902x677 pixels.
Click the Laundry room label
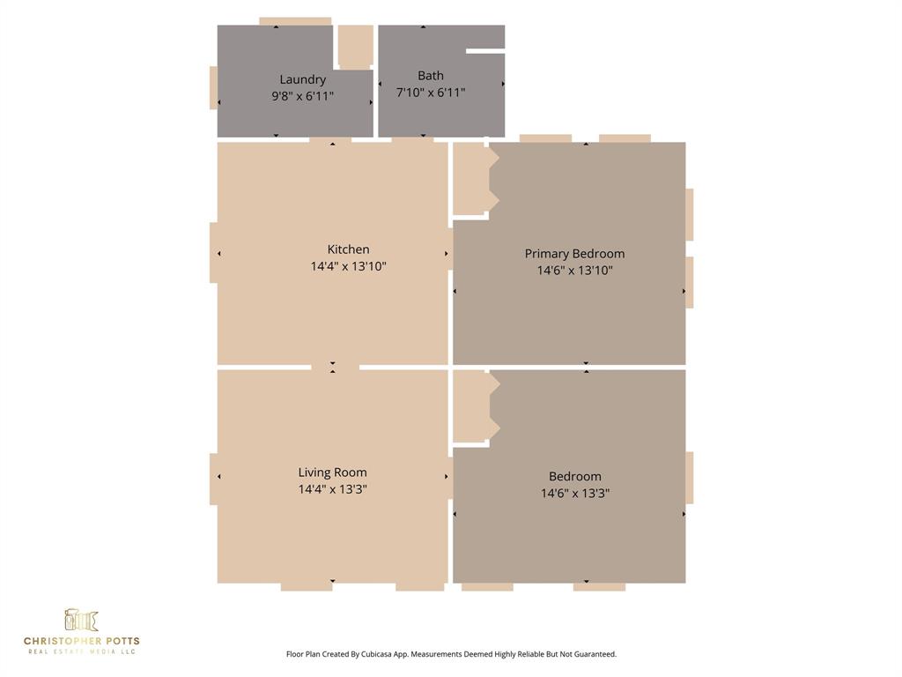[x=302, y=79]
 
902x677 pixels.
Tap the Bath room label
[x=431, y=76]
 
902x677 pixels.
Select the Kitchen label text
[x=348, y=249]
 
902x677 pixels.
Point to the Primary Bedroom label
[x=574, y=254]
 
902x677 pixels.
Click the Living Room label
[x=332, y=472]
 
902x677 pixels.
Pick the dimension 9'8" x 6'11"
[x=302, y=96]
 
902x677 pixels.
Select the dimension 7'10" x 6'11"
[x=431, y=93]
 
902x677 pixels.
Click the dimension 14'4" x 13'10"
[x=348, y=266]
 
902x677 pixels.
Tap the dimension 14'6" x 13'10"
[x=574, y=271]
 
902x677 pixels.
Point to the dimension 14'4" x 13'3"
[x=332, y=489]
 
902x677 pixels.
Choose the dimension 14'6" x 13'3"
[x=574, y=494]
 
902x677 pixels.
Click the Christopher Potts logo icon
[x=81, y=621]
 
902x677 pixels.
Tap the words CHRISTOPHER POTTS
[x=81, y=641]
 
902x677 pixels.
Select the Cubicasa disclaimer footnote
[x=451, y=654]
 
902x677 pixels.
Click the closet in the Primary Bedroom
[x=470, y=179]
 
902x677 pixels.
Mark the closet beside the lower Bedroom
[x=470, y=406]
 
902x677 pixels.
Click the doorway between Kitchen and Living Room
[x=335, y=367]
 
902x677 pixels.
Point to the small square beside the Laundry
[x=355, y=46]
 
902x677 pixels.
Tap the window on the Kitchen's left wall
[x=213, y=253]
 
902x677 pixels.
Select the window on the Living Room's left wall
[x=213, y=479]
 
